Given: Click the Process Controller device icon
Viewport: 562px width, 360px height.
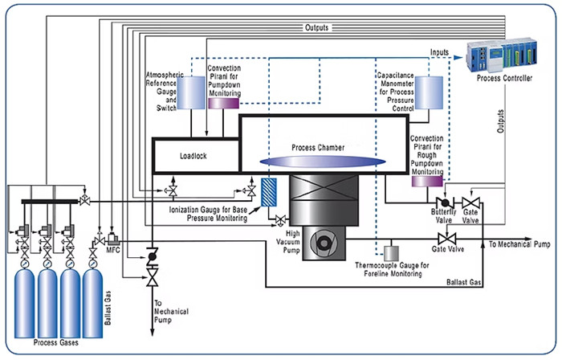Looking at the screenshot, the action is point(502,55).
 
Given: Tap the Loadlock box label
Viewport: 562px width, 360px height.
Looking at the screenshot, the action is point(193,156).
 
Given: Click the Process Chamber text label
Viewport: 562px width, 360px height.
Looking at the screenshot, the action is point(318,147).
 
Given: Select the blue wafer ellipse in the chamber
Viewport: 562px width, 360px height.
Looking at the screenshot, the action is point(323,162).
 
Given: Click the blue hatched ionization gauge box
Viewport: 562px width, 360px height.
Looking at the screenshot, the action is point(269,192).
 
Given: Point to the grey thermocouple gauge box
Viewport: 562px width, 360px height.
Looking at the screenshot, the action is point(391,253).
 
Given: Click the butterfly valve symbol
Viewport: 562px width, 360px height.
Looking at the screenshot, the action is point(445,202).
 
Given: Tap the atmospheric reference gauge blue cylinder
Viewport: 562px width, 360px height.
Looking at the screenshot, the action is point(191,92).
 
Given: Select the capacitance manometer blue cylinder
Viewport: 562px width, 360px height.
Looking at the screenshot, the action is point(429,92).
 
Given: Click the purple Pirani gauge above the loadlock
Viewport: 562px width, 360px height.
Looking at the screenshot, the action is point(224,104).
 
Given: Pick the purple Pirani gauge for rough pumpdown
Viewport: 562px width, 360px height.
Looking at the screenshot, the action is point(427,181).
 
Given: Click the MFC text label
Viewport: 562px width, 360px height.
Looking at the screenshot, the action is point(113,250).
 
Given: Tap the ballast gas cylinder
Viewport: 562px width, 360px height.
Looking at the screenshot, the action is point(92,303).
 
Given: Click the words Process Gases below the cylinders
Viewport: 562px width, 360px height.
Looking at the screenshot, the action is point(56,342).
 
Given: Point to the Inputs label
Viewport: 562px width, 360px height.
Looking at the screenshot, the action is point(439,52).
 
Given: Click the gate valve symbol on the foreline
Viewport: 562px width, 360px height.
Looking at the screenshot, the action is point(447,239).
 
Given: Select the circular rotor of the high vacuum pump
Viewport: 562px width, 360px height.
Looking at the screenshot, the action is point(324,243).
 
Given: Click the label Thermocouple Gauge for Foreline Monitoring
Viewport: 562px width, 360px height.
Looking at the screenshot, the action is point(393,270).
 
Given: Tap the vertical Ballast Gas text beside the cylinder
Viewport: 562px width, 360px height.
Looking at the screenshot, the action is point(108,308).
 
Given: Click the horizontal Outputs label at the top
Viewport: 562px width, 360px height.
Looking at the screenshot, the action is point(316,27).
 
